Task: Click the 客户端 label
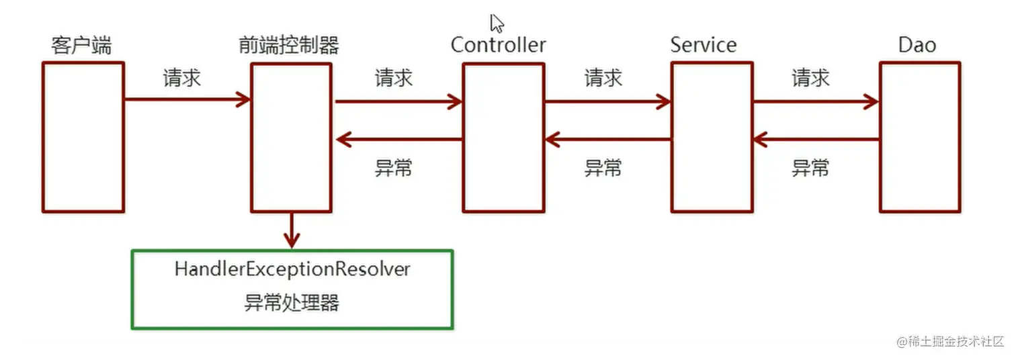coord(81,46)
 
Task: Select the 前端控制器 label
coord(288,46)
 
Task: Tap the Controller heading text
coord(498,46)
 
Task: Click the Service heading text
coord(704,46)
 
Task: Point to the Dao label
coord(917,46)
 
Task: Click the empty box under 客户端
coord(83,138)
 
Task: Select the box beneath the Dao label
coord(919,138)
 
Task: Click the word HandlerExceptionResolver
coord(292,270)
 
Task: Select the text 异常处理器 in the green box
coord(292,303)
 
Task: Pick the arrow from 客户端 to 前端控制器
coord(187,100)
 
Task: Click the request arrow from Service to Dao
coord(816,102)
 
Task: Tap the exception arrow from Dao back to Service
coord(816,140)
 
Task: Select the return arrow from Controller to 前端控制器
coord(399,140)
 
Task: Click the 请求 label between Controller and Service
coord(603,79)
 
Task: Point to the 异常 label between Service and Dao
coord(810,168)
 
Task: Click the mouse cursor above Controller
coord(497,24)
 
